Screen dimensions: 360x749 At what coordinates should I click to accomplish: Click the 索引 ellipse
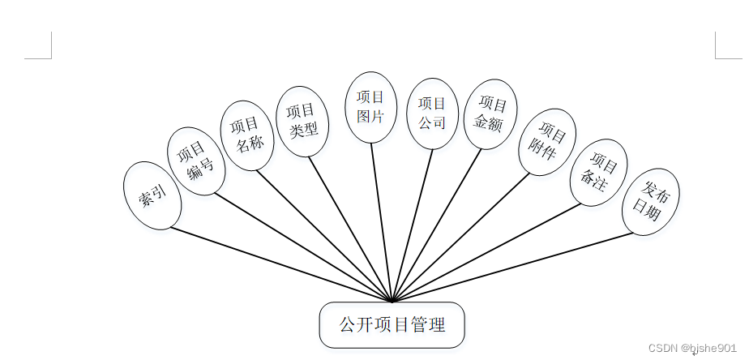pyautogui.click(x=153, y=195)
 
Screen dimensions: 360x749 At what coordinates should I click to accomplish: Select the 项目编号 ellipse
pyautogui.click(x=196, y=161)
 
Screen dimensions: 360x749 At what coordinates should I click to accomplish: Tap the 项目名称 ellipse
pyautogui.click(x=246, y=135)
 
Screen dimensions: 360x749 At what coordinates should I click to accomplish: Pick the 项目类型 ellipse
pyautogui.click(x=302, y=121)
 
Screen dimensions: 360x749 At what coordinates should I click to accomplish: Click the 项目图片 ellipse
pyautogui.click(x=370, y=107)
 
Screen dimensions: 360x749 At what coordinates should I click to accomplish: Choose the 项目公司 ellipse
pyautogui.click(x=432, y=114)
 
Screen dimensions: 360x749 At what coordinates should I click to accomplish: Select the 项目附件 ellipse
pyautogui.click(x=547, y=142)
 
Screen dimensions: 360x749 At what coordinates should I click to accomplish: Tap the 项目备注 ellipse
pyautogui.click(x=599, y=175)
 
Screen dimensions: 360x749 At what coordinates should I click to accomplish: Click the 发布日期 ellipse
pyautogui.click(x=650, y=202)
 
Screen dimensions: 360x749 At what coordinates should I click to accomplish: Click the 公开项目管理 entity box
pyautogui.click(x=392, y=325)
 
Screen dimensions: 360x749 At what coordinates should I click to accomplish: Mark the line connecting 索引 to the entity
pyautogui.click(x=276, y=262)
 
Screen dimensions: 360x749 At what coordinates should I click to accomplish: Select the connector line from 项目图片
pyautogui.click(x=381, y=219)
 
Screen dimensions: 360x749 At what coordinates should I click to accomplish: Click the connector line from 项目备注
pyautogui.click(x=486, y=251)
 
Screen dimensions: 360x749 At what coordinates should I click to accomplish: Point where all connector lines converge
pyautogui.click(x=392, y=301)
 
